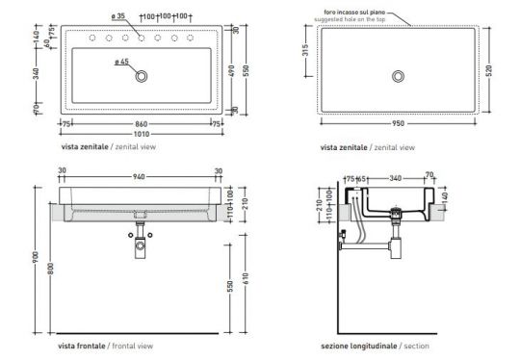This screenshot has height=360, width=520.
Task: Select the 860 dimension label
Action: point(141,124)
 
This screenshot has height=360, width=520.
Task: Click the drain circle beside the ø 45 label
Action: point(143,74)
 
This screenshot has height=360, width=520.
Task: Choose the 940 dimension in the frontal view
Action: point(141,176)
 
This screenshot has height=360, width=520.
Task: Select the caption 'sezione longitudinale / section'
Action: point(376,345)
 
